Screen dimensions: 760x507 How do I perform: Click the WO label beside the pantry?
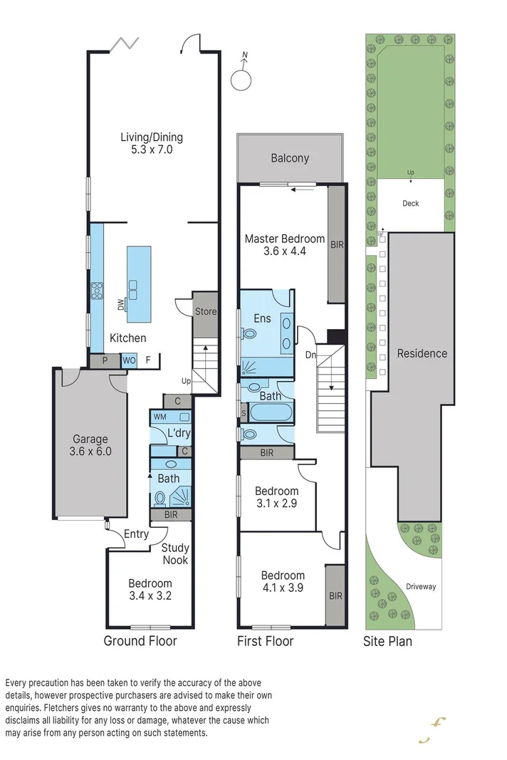129,361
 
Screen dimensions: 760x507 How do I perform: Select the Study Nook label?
174,553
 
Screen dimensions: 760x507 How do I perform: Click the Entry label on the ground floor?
137,534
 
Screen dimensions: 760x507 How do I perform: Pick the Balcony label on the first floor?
290,158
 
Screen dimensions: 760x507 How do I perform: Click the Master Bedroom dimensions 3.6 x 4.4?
285,251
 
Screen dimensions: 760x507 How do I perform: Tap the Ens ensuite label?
262,318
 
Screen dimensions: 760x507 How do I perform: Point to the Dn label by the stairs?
310,354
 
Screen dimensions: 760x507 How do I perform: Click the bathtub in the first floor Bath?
271,412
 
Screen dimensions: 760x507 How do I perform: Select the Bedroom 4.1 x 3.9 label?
283,581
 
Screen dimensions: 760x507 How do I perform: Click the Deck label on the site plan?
411,204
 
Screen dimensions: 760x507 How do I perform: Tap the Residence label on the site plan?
422,353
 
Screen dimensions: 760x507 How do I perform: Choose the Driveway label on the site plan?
421,587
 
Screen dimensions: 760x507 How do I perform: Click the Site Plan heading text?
387,641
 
